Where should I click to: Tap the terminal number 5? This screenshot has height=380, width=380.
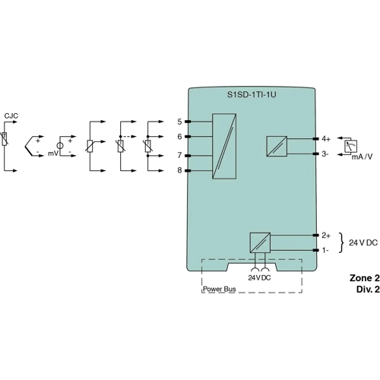coord(179,122)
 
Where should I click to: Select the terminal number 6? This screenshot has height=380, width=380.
coord(179,137)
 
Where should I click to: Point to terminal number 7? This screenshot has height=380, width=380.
coord(179,155)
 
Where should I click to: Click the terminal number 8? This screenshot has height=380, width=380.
coord(179,170)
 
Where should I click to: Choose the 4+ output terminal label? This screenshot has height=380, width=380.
coord(325,139)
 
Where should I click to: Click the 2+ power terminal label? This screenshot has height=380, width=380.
coord(325,236)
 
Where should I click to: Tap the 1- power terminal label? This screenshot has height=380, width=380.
coord(325,249)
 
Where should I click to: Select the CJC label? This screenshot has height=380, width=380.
coord(11,116)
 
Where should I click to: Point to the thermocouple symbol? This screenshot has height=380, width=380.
coord(33,144)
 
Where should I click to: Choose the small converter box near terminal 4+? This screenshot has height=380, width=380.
coord(275,145)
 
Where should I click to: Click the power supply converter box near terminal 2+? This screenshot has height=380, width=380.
coord(260,242)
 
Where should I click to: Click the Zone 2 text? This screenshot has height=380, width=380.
coord(363,278)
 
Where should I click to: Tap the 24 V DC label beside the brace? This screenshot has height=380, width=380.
coord(363,242)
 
